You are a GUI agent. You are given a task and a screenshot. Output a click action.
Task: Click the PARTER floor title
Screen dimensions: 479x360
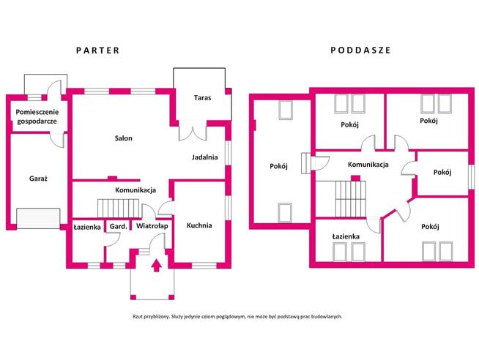click(97, 50)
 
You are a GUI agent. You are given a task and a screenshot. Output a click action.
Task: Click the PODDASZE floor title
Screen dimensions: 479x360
click(361, 50)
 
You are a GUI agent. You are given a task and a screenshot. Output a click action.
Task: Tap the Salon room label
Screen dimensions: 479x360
click(124, 138)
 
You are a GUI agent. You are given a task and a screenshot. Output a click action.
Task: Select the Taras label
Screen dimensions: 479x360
click(202, 98)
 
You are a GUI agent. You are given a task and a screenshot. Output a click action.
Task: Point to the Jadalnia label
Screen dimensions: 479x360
click(204, 157)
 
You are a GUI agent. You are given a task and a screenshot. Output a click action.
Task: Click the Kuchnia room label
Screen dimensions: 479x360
click(199, 225)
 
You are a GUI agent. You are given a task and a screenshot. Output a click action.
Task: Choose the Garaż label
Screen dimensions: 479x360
click(39, 179)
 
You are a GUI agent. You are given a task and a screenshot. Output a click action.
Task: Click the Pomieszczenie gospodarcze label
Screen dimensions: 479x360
click(37, 116)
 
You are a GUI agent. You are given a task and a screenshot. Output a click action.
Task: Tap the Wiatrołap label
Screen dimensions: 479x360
click(152, 226)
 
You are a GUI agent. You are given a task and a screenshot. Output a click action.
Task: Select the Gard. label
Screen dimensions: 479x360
click(118, 226)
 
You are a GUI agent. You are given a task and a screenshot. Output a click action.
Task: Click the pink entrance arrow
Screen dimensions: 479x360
click(157, 265)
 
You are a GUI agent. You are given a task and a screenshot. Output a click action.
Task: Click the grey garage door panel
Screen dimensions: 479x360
click(38, 219)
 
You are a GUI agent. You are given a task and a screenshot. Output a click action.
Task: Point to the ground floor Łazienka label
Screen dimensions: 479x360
click(87, 227)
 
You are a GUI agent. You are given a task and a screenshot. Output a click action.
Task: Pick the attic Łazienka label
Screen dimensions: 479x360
click(346, 236)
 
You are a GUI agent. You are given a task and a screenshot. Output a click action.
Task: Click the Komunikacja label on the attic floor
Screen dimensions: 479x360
click(368, 165)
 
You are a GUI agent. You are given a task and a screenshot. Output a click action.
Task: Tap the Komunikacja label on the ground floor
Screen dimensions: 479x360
click(135, 190)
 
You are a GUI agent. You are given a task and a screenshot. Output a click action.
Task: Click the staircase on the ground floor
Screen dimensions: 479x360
click(119, 209)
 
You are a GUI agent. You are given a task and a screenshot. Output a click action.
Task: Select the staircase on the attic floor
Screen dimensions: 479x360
click(351, 199)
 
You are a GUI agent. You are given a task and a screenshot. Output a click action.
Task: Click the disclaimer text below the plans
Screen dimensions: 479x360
click(237, 317)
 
